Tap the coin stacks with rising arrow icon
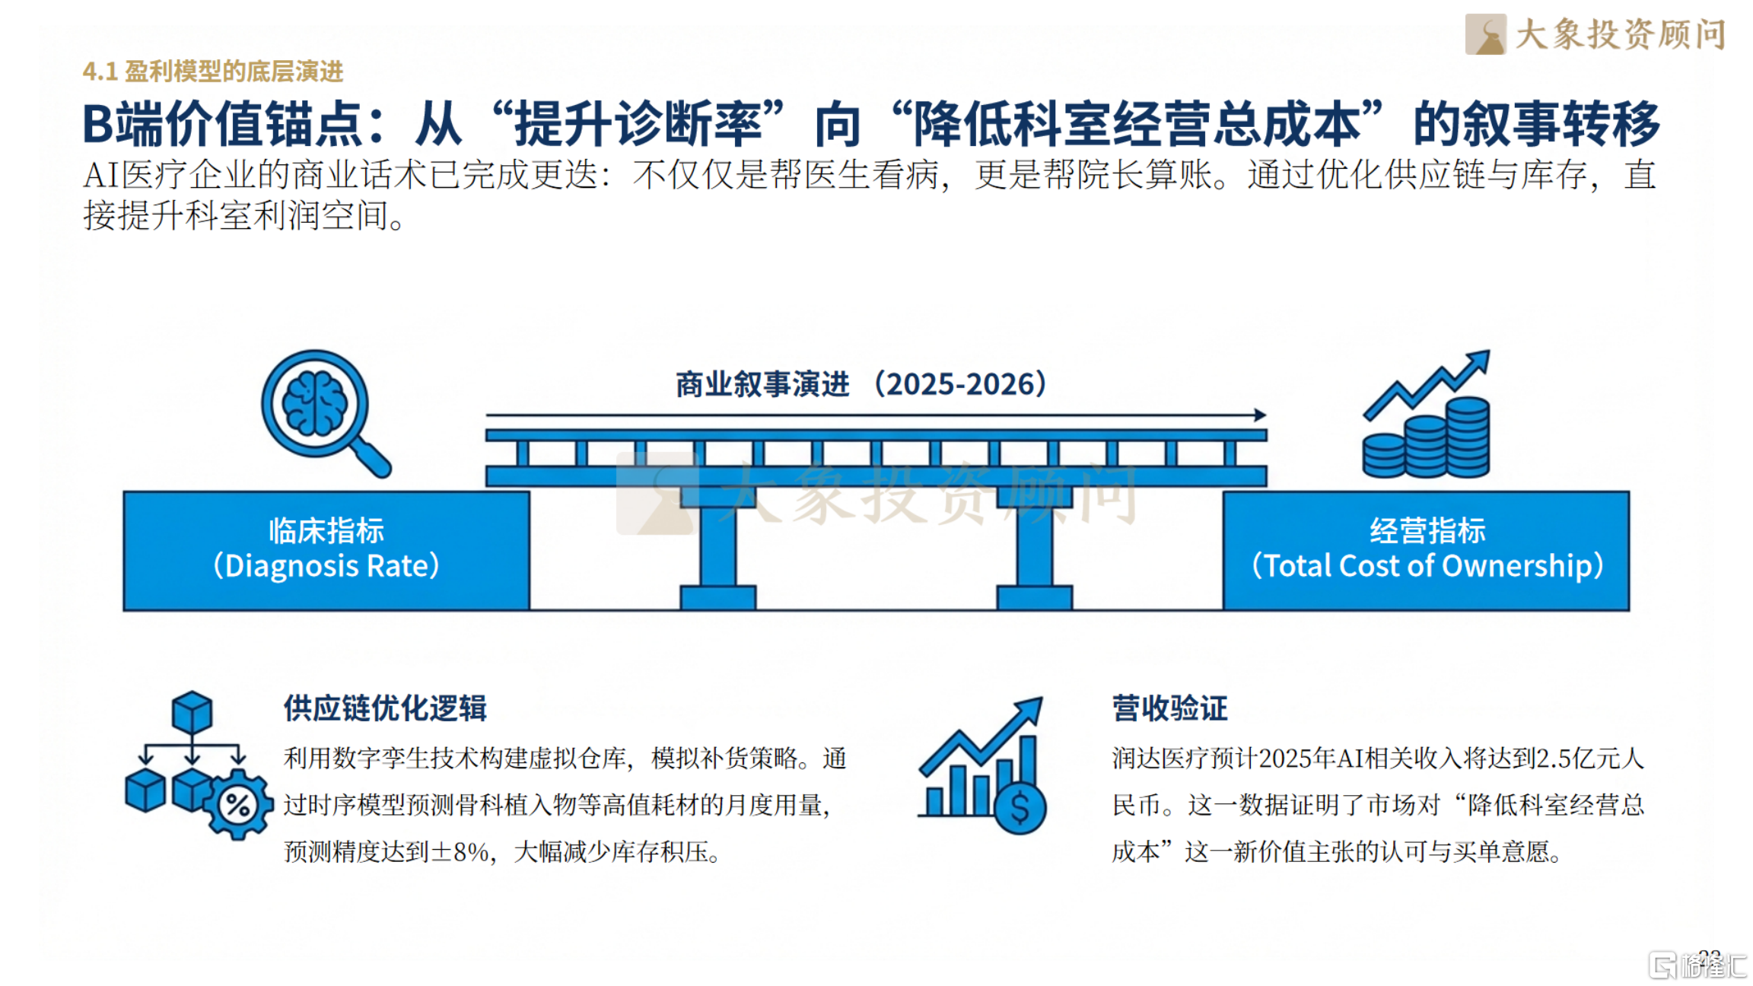1426,414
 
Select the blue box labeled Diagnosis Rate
326,550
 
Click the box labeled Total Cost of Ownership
1427,550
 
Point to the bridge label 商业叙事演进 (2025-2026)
861,384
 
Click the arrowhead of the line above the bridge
1261,415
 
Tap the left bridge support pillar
717,548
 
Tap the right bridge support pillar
1035,548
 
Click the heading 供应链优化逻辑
385,708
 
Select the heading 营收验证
1169,708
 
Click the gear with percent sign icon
239,804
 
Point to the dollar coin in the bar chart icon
1020,807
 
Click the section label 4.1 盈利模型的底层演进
213,72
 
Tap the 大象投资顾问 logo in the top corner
1596,34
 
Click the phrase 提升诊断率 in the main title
638,124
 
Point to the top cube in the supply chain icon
192,711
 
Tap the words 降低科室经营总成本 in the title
1136,124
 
